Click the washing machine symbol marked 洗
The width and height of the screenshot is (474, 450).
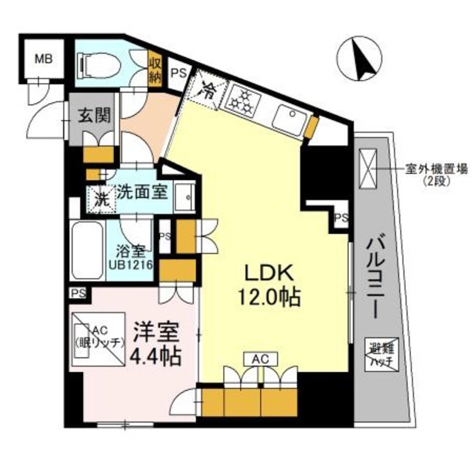click(99, 199)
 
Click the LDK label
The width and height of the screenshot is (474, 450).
click(268, 271)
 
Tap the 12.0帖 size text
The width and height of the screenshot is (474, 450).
click(269, 298)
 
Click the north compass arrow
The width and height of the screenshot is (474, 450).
click(361, 59)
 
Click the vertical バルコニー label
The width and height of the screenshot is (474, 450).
click(375, 274)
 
